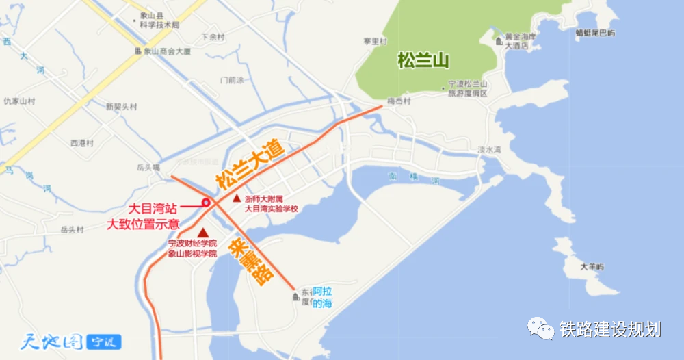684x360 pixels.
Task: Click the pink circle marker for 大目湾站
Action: pyautogui.click(x=205, y=202)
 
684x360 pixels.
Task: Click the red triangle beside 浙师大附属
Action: pyautogui.click(x=237, y=198)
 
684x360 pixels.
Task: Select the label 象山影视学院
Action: pyautogui.click(x=192, y=253)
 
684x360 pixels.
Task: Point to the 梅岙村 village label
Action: pyautogui.click(x=398, y=101)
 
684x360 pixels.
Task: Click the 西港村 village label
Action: pyautogui.click(x=81, y=143)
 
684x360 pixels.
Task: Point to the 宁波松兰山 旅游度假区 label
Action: pyautogui.click(x=467, y=88)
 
